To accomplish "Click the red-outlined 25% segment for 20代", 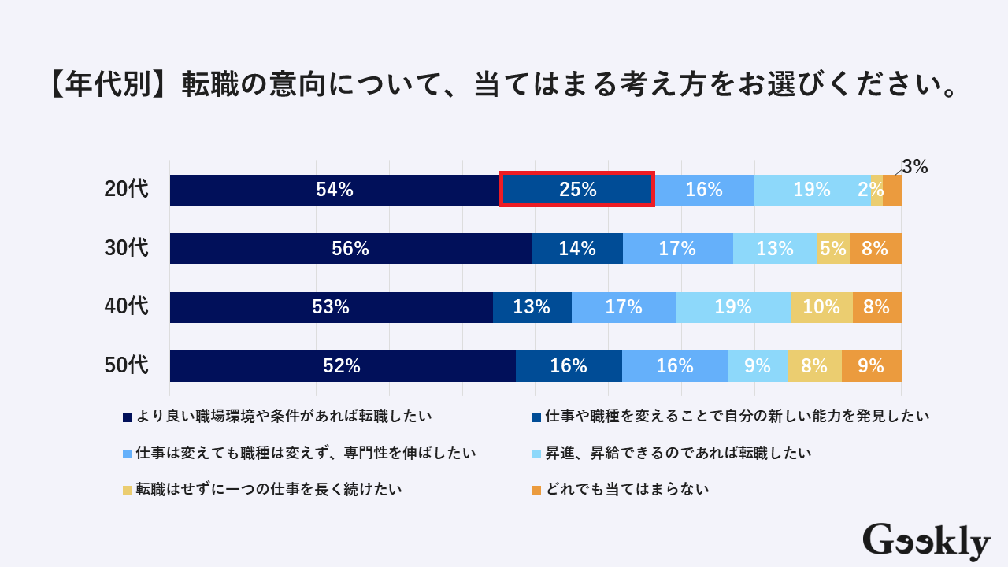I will tap(577, 190).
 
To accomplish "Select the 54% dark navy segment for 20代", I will tap(335, 190).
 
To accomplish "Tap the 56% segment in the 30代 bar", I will tap(350, 249).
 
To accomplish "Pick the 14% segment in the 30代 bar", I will tap(577, 249).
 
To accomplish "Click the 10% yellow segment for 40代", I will tap(821, 307).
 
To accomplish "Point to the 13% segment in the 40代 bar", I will tap(532, 307).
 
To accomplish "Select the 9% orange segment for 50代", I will tap(871, 366).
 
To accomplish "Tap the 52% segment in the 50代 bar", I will tap(342, 366).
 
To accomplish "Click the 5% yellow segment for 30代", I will tap(833, 249).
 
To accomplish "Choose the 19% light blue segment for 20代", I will tap(812, 190).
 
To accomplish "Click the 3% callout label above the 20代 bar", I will tap(915, 167).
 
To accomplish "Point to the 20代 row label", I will tap(126, 190).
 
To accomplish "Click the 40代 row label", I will tap(126, 307).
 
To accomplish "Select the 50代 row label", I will tap(126, 366).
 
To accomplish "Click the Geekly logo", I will tap(926, 542).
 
